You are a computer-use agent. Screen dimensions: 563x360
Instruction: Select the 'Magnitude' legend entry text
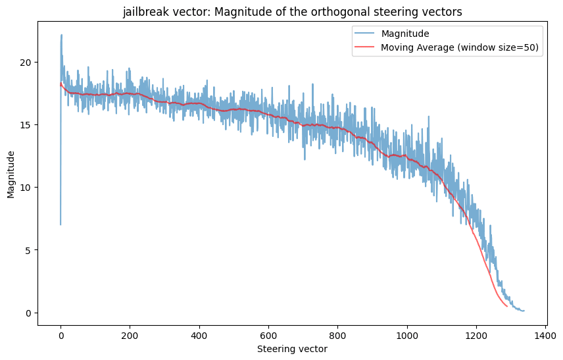tap(405, 34)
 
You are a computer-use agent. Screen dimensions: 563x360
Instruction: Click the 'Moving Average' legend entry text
tap(460, 47)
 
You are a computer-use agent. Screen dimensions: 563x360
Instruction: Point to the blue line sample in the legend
tap(364, 34)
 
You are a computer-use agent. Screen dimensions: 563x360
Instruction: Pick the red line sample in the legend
tap(364, 47)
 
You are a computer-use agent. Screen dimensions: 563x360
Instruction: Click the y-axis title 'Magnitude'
tap(11, 174)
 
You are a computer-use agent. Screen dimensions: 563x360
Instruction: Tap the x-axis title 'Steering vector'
tap(292, 349)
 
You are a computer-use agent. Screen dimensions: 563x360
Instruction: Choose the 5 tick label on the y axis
tap(29, 250)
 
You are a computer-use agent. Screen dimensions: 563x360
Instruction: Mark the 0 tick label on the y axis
tap(29, 313)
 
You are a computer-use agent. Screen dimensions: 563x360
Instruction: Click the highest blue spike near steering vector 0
tap(61, 35)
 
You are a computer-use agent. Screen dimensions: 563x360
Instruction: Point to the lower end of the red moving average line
tap(507, 307)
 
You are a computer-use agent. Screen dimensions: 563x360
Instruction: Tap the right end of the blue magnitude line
tap(524, 311)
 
